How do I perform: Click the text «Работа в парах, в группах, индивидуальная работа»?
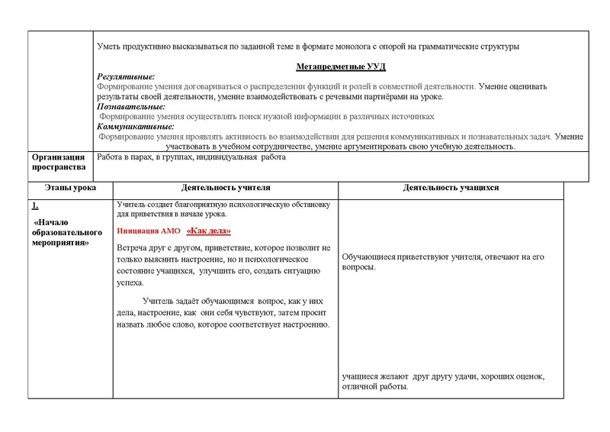pos(191,157)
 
